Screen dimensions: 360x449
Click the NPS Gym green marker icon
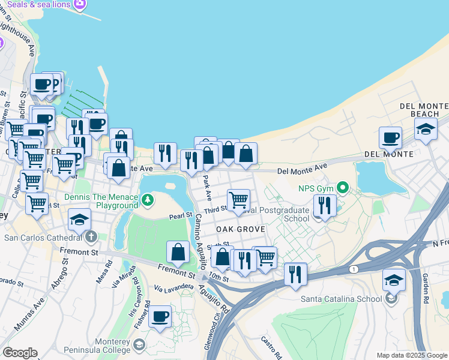(343, 188)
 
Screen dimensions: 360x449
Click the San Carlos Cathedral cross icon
(91, 237)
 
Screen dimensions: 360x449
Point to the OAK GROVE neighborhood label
(241, 230)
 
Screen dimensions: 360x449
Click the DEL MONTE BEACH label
(424, 110)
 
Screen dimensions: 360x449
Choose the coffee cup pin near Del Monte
(390, 138)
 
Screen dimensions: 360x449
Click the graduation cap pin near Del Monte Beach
(426, 129)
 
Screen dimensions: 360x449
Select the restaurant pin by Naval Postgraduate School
(325, 206)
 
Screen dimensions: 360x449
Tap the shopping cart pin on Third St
(239, 199)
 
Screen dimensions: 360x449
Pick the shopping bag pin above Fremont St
(178, 252)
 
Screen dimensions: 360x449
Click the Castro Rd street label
(268, 344)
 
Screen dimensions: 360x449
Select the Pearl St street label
(180, 216)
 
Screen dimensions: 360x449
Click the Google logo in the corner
(20, 353)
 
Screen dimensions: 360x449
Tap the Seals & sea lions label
(39, 4)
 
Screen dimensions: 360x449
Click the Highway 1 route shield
(355, 270)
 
